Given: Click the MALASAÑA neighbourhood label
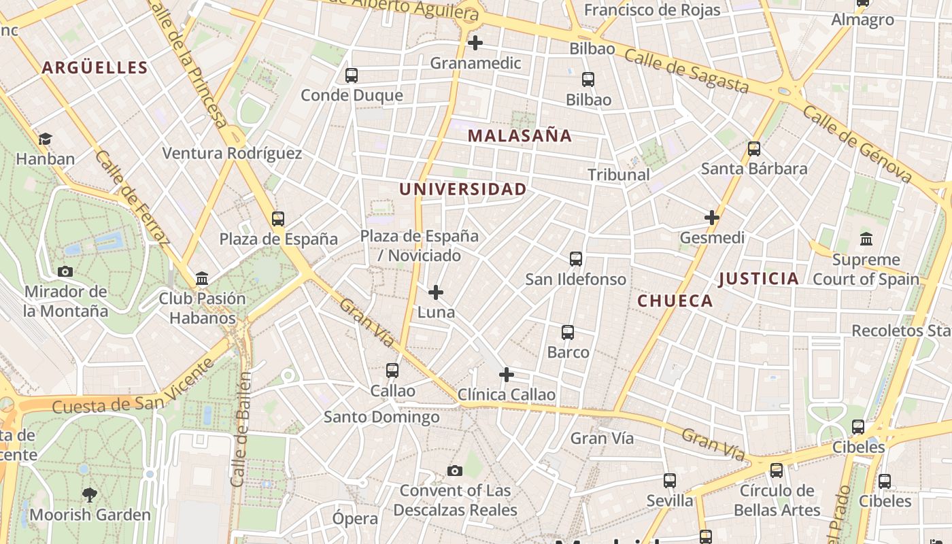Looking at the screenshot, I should (x=520, y=135).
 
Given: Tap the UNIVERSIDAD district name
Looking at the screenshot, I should (x=463, y=189).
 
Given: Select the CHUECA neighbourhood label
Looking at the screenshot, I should (x=675, y=301).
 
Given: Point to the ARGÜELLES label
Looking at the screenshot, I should (x=95, y=67).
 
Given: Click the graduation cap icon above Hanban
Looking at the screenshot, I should (x=45, y=139).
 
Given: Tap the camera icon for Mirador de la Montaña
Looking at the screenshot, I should (x=65, y=272).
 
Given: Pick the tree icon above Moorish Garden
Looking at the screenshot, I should (x=89, y=494).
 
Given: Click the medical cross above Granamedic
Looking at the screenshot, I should (x=475, y=43).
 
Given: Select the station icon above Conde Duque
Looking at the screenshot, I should (x=352, y=75).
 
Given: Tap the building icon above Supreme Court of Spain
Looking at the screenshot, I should (x=866, y=239).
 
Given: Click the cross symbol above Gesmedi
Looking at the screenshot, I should (x=712, y=218).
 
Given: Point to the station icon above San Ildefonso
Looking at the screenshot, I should (x=576, y=259).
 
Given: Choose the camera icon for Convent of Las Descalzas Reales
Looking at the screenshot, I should (x=455, y=471).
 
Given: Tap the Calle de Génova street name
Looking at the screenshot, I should (x=857, y=143).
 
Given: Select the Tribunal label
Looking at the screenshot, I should (x=619, y=175).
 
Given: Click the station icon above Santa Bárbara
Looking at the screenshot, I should (x=754, y=149).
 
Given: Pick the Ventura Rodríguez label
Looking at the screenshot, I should (x=232, y=153).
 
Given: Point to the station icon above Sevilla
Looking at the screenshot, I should (x=670, y=481).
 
